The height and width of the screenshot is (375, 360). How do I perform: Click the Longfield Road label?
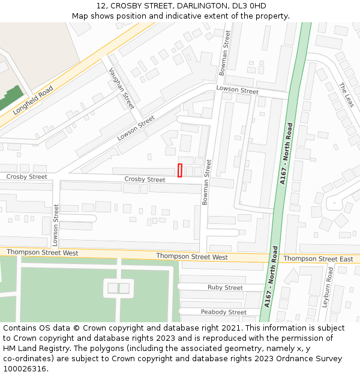point(33,100)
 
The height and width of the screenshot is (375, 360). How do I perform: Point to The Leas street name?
point(346,95)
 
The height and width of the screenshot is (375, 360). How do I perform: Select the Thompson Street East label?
point(318,259)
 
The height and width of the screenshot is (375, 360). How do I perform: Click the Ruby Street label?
point(225,287)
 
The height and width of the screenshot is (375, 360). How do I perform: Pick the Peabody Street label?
point(223,312)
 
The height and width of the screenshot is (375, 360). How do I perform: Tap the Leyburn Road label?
point(328,287)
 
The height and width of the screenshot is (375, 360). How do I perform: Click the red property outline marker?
point(180,170)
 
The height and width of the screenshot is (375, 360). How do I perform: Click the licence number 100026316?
point(25,369)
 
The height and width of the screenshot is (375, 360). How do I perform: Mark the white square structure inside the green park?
point(118,288)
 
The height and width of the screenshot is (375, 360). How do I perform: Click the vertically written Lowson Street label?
point(56,225)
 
